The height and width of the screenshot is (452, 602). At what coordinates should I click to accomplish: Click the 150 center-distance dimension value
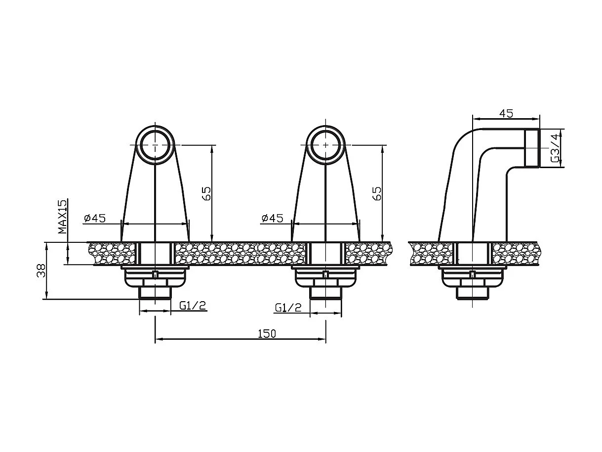(267, 333)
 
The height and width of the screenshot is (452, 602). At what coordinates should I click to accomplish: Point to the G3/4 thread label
(555, 148)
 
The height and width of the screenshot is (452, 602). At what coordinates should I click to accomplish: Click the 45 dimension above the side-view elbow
(506, 113)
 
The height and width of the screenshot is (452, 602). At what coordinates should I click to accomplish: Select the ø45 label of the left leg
(95, 218)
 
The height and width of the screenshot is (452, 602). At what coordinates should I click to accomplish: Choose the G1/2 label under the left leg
(193, 306)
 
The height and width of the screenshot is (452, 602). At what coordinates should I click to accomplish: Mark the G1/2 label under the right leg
(288, 308)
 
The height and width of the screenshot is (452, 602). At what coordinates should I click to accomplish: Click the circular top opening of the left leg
(155, 144)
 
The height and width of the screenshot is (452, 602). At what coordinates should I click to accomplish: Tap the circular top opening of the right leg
(325, 144)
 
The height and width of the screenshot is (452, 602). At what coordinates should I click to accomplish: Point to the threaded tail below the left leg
(155, 293)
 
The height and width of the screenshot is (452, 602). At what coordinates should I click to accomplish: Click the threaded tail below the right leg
(325, 293)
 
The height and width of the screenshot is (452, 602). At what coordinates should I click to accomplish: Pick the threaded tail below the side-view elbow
(472, 294)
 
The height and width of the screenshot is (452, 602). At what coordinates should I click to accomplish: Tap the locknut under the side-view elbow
(472, 278)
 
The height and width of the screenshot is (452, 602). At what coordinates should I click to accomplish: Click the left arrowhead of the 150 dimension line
(158, 339)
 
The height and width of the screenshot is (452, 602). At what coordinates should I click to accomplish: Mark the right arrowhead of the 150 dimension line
(323, 339)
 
